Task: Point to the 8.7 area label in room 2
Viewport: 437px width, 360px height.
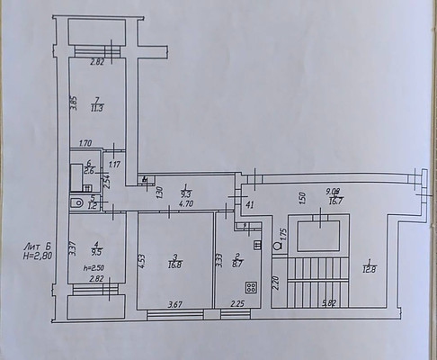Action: tap(236, 265)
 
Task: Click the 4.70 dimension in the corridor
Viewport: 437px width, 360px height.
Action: tap(187, 204)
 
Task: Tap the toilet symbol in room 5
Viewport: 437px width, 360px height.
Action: tap(79, 204)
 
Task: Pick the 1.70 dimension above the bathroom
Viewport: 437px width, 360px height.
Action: tap(86, 143)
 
